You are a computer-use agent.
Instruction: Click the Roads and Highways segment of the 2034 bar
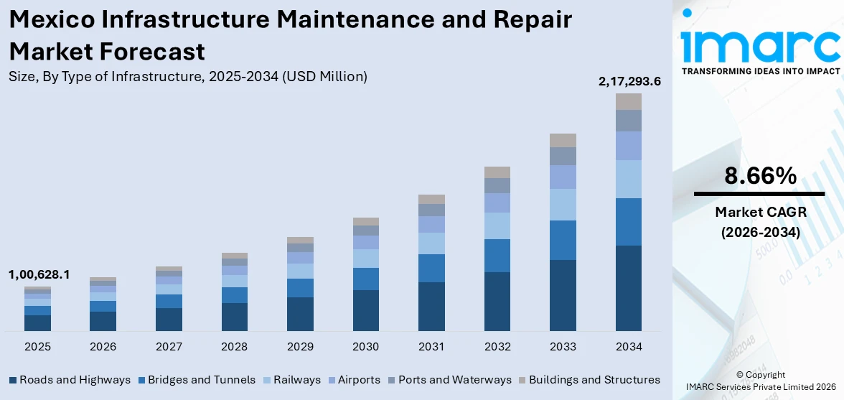pyautogui.click(x=629, y=288)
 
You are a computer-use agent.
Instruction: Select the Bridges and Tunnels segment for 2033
pyautogui.click(x=563, y=240)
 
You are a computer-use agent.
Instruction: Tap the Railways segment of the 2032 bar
pyautogui.click(x=497, y=225)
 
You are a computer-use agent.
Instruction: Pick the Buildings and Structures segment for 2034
pyautogui.click(x=629, y=101)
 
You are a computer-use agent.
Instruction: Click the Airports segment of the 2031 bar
pyautogui.click(x=431, y=224)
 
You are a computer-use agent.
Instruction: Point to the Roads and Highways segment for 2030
pyautogui.click(x=365, y=310)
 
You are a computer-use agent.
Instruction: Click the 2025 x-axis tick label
pyautogui.click(x=37, y=347)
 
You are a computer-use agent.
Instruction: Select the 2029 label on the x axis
pyautogui.click(x=300, y=347)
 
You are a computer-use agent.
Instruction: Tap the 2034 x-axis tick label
pyautogui.click(x=629, y=347)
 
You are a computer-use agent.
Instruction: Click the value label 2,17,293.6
pyautogui.click(x=629, y=82)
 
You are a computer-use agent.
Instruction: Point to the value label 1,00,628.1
pyautogui.click(x=39, y=274)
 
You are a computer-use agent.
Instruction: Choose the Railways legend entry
pyautogui.click(x=291, y=380)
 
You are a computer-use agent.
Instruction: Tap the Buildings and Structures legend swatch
pyautogui.click(x=522, y=380)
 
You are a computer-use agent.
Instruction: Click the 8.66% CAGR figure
pyautogui.click(x=759, y=176)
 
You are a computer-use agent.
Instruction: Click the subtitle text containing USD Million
pyautogui.click(x=188, y=76)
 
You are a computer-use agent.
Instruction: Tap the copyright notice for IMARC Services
pyautogui.click(x=760, y=381)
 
